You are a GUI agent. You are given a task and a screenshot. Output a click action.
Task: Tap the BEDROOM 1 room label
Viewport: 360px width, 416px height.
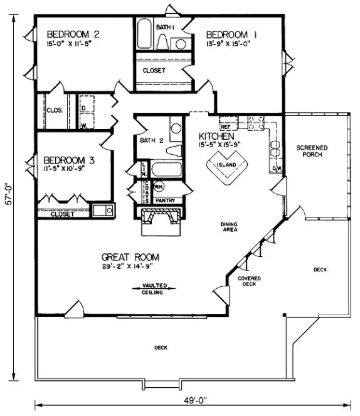[x=233, y=34]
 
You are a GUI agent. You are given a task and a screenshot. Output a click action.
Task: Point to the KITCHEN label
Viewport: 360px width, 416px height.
[x=216, y=136]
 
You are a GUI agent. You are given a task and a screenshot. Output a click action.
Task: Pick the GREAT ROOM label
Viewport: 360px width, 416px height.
[x=130, y=257]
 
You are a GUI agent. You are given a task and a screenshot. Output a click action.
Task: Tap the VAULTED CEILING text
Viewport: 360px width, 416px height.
[x=149, y=289]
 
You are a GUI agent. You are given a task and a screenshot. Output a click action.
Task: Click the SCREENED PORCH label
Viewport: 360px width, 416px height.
[x=312, y=152]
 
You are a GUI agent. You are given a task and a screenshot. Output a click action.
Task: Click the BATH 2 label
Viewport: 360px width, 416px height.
[x=152, y=140]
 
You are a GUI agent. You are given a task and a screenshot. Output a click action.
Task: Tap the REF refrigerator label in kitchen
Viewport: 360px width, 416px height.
[x=225, y=117]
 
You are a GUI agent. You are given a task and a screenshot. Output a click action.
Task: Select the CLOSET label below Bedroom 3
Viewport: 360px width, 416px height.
[x=62, y=214]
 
